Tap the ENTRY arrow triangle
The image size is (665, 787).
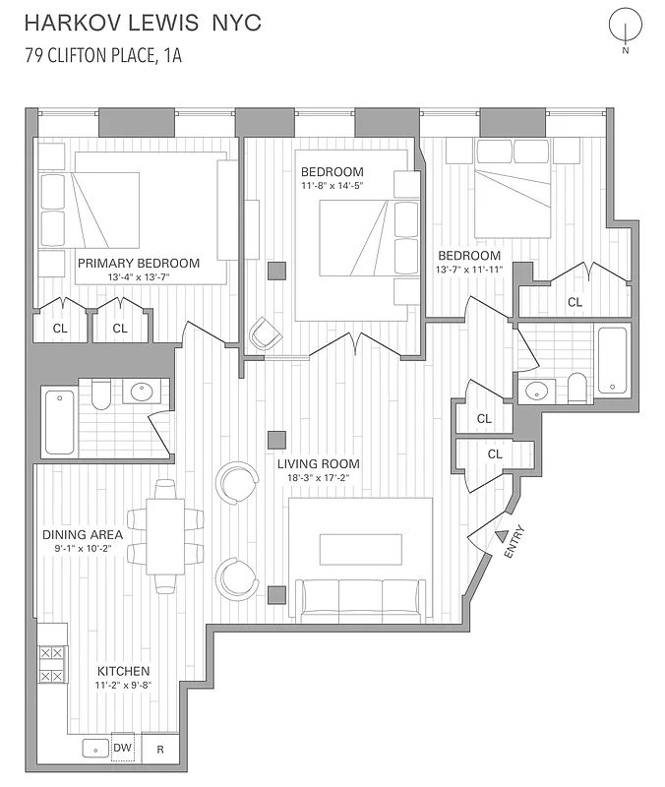coord(502,536)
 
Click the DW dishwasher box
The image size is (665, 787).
coord(123,748)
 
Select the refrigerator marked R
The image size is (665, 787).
coord(160,749)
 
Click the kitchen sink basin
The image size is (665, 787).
coord(96,749)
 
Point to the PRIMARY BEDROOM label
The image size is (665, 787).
coord(139,263)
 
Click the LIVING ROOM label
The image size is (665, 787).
coord(318,463)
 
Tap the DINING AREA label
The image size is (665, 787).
coord(83,534)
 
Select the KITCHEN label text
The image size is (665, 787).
coord(123,671)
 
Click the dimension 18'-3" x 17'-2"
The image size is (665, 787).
coord(318,478)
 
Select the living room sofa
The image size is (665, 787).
coord(361,599)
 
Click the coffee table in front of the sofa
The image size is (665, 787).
coord(360,548)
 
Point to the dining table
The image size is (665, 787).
coord(164,536)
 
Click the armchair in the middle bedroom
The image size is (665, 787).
coord(266,334)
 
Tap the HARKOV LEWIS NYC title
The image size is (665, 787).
coord(143,23)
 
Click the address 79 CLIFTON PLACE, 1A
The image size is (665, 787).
coord(103,55)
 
